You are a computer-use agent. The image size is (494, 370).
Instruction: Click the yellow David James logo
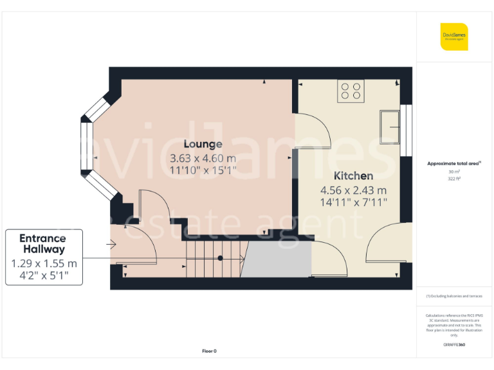tap(454, 37)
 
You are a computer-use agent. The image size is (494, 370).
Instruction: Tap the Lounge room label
tap(203, 144)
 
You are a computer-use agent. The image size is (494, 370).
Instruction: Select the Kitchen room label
tap(353, 176)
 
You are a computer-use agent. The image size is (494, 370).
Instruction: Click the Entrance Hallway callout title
tap(44, 243)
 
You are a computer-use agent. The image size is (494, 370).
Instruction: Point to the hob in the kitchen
tap(351, 91)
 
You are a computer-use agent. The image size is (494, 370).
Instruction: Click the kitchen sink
tap(390, 127)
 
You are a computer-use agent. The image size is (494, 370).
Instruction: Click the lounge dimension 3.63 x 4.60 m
tap(203, 158)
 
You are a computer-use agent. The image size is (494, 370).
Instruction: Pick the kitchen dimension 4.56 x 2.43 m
tap(353, 190)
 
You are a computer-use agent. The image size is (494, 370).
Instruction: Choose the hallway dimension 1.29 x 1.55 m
tap(44, 263)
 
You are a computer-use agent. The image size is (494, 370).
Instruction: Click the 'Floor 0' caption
tap(209, 351)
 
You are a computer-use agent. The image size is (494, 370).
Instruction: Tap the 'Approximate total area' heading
tap(454, 164)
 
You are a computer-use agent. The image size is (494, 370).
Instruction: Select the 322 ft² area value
tap(454, 179)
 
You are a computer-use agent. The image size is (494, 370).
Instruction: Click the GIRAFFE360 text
tap(454, 345)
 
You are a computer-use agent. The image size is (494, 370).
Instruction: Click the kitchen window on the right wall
tap(405, 130)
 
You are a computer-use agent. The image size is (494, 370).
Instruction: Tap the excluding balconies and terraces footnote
tap(454, 296)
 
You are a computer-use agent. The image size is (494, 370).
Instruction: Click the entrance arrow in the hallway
tap(111, 244)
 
